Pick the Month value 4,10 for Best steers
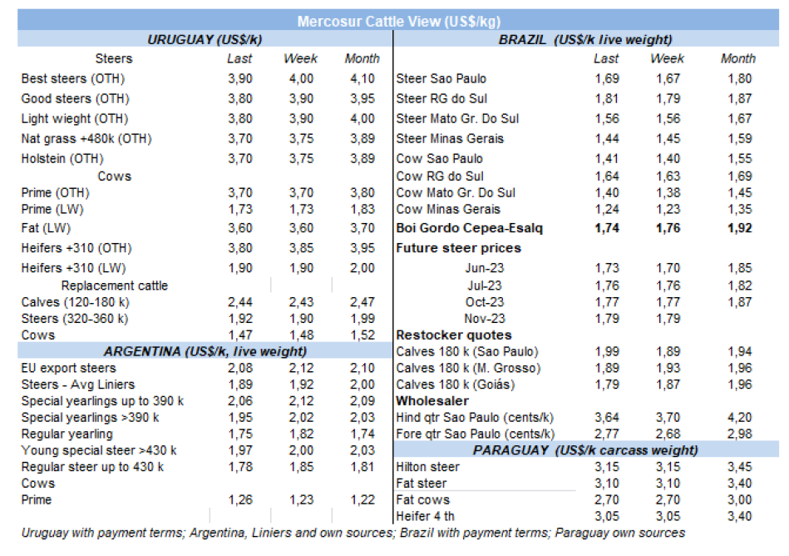click(362, 78)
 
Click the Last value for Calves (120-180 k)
click(240, 301)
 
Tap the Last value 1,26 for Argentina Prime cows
click(240, 499)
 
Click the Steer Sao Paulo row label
click(441, 79)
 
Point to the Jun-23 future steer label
click(486, 268)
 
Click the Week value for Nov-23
click(667, 318)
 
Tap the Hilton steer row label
click(428, 467)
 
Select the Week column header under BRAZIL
click(667, 58)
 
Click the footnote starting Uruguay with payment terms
click(353, 533)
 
